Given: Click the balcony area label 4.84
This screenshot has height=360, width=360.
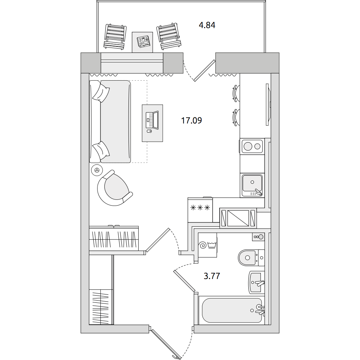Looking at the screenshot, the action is [x=207, y=25].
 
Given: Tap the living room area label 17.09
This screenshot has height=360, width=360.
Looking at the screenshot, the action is [x=192, y=120].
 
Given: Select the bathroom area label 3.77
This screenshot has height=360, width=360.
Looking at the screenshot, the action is [x=212, y=276].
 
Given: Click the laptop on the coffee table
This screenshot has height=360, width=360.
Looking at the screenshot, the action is [x=152, y=120].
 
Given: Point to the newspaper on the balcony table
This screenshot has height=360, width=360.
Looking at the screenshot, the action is [x=143, y=42].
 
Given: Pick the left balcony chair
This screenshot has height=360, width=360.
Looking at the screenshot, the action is [x=115, y=36].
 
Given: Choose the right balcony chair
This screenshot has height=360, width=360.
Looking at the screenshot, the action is [x=169, y=36].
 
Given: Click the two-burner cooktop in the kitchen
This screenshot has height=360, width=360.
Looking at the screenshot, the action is [x=252, y=146].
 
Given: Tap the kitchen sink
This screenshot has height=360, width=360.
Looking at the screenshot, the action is [x=252, y=185].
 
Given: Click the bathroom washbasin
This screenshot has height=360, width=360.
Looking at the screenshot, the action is [x=256, y=282].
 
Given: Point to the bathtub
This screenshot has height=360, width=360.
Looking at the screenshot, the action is [x=232, y=310].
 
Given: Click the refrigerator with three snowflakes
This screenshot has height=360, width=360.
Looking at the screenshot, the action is [x=200, y=210].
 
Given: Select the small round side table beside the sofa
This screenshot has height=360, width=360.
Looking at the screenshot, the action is [x=97, y=170].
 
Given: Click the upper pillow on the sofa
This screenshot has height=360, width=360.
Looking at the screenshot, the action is [x=101, y=92].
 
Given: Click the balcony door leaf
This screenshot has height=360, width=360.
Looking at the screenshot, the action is [x=204, y=71].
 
